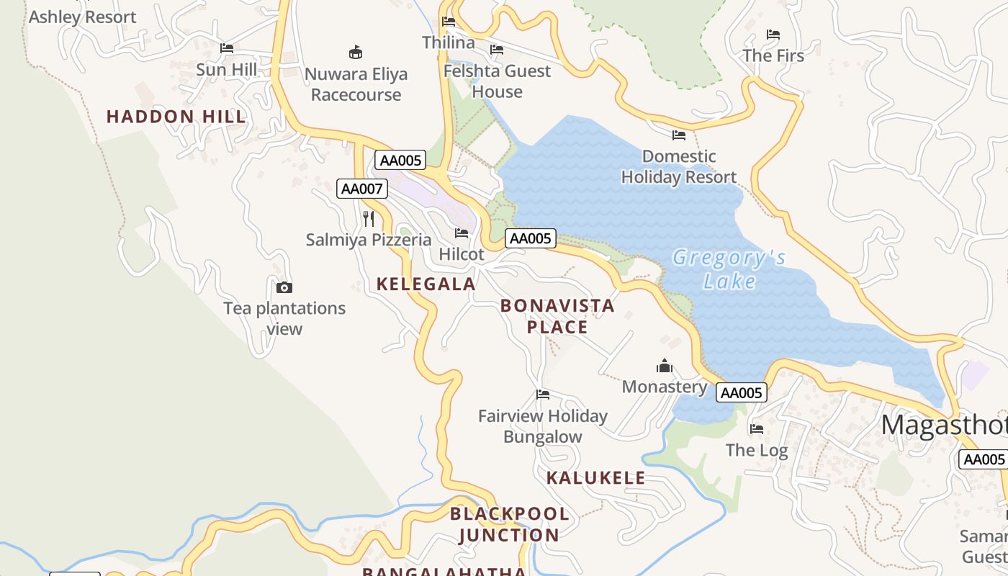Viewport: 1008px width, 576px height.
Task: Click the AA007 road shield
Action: [362, 189]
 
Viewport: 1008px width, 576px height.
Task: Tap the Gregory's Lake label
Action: [729, 269]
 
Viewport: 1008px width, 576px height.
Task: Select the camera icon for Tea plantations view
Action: [284, 288]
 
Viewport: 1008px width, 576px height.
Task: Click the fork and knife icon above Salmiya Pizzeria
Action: [369, 218]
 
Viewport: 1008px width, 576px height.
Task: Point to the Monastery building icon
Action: [664, 366]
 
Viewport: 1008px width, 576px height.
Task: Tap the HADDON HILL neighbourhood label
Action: [176, 117]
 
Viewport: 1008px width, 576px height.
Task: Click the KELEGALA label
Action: [426, 284]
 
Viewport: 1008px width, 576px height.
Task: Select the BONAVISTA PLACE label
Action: [557, 316]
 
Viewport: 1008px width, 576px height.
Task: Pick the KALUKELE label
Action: [595, 478]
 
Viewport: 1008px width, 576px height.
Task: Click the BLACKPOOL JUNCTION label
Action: [510, 524]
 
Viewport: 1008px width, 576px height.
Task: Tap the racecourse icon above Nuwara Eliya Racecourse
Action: [356, 52]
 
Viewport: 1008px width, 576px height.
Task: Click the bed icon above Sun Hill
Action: [227, 48]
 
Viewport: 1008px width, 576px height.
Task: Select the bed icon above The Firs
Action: [773, 34]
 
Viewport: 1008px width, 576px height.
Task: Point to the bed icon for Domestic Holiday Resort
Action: [678, 135]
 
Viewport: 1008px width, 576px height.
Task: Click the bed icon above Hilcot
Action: [462, 233]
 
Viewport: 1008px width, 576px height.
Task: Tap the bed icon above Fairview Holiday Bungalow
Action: [543, 394]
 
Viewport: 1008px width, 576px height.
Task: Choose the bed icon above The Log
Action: [756, 428]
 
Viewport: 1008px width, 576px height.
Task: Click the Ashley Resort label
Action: [82, 17]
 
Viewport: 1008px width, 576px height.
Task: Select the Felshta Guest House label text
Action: [497, 81]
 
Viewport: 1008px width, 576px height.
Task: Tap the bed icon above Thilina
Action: [449, 21]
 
